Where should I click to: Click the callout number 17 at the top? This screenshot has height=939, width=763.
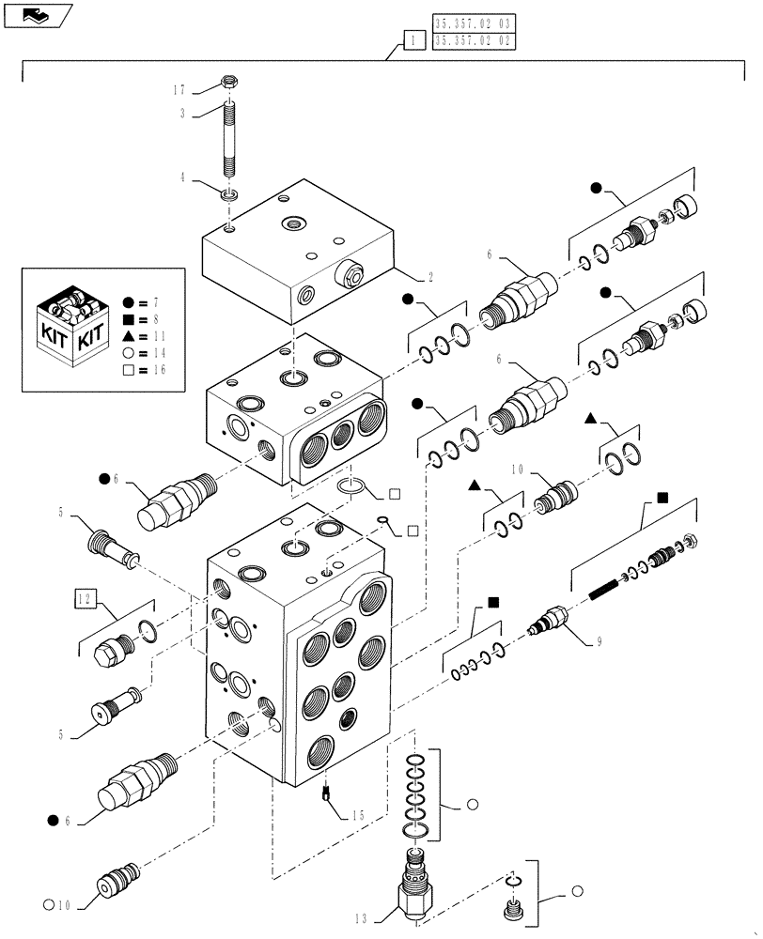pyautogui.click(x=179, y=90)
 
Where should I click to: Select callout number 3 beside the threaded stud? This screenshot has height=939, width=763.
pyautogui.click(x=183, y=113)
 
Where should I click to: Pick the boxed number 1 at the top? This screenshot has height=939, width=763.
pyautogui.click(x=410, y=39)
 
